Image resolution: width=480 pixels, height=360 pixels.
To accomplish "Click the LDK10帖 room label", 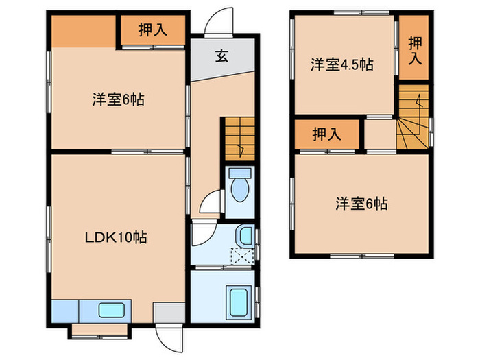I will point(116,238).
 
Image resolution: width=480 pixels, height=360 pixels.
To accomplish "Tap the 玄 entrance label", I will point(221,56).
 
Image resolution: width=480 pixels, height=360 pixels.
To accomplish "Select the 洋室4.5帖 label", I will point(341,64).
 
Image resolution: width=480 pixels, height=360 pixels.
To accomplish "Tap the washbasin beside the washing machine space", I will point(244,237).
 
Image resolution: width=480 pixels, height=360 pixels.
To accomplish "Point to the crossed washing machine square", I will point(241,256).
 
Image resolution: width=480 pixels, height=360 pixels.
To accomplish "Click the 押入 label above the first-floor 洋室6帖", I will point(154,30).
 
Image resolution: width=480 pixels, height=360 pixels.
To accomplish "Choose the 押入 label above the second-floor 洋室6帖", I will point(326,134).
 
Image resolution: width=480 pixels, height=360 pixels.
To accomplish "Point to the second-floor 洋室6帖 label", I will point(361,204).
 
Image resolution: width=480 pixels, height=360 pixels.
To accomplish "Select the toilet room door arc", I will point(211,204).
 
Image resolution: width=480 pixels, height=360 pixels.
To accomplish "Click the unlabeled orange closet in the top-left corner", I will point(82,30).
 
